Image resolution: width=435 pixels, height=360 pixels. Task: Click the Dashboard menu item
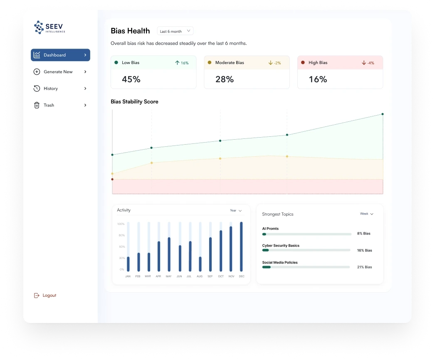tap(60, 55)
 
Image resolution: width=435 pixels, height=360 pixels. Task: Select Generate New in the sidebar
tap(58, 72)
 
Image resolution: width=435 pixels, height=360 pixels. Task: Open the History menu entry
tap(51, 89)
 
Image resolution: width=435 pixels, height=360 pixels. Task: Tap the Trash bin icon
tap(37, 105)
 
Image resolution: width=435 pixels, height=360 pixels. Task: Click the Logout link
tap(49, 296)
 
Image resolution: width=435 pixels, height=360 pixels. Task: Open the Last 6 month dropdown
tap(175, 31)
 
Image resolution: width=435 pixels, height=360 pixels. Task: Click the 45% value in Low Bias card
tap(131, 79)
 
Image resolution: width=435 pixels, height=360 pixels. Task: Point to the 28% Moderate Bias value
tap(225, 79)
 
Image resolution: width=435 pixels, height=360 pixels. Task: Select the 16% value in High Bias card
tap(318, 79)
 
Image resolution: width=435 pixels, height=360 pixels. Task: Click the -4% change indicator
tap(368, 63)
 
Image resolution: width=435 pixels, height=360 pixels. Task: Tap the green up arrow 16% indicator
tap(182, 63)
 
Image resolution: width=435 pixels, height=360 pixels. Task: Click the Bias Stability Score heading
tap(134, 101)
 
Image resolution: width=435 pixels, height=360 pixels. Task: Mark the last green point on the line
tap(383, 114)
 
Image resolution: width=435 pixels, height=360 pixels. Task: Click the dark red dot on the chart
tap(112, 179)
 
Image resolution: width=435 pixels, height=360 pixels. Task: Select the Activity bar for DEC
tap(241, 247)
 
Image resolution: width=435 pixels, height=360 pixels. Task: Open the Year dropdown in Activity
tap(236, 211)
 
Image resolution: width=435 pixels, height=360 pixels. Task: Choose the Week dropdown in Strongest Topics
tap(366, 214)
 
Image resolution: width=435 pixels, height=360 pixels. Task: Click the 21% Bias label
tap(365, 267)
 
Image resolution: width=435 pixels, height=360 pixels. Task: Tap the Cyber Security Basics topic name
tap(281, 246)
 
